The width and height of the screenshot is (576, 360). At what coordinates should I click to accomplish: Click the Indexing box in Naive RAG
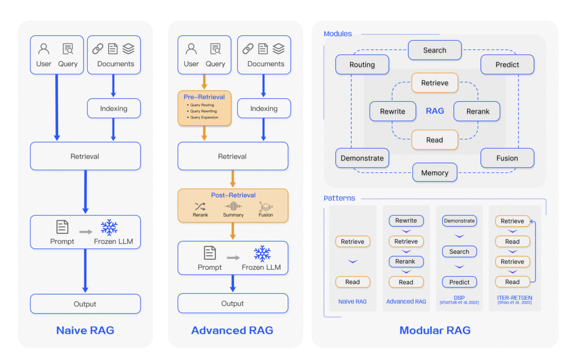tap(114, 108)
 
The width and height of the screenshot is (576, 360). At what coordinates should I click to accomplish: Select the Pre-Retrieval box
tap(204, 108)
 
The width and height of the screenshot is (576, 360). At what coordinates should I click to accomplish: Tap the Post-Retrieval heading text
tap(233, 195)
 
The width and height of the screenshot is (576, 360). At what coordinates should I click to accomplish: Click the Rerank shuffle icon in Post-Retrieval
tap(200, 206)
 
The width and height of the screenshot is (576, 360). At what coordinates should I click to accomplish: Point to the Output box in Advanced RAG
tap(233, 303)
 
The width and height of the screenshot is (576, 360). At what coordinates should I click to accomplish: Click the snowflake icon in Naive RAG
tap(109, 227)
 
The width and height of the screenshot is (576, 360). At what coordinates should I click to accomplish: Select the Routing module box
tap(362, 65)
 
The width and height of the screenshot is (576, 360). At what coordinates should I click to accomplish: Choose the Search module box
tap(435, 50)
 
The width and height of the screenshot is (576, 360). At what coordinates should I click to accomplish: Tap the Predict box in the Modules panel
tap(507, 65)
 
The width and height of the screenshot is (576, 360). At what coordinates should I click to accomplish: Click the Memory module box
tap(435, 173)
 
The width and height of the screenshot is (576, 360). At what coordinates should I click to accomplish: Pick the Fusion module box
tap(507, 158)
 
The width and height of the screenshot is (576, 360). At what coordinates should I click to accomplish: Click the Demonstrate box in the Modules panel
tap(362, 158)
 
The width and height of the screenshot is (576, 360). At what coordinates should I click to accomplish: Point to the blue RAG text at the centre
tap(435, 111)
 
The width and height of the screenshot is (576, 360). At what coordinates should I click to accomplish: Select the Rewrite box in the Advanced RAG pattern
tap(406, 221)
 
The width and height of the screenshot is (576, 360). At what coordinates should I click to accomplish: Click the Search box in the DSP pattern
tap(459, 252)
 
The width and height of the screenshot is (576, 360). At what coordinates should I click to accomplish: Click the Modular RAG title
tap(435, 331)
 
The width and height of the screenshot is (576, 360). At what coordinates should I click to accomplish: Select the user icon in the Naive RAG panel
tap(44, 49)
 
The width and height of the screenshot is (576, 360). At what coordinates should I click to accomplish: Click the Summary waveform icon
tap(233, 206)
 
